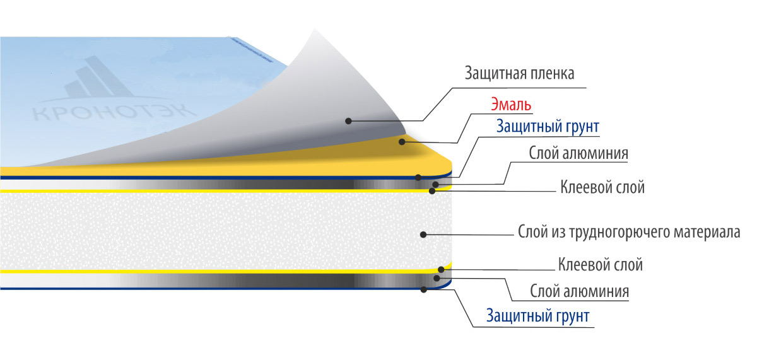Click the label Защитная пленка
519,73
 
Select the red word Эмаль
511,105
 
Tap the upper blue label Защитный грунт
548,126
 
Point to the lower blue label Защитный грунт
537,316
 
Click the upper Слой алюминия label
578,153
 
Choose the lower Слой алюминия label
579,291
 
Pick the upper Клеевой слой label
602,187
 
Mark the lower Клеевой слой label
600,264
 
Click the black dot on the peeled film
348,121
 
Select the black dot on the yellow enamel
402,142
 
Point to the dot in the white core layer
423,235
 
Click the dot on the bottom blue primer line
424,289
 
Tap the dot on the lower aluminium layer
437,278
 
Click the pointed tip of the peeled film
315,29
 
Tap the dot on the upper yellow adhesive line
432,191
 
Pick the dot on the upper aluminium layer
436,184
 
